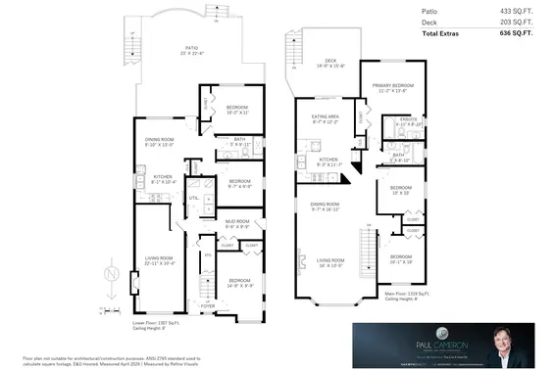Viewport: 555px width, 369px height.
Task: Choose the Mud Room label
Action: [236, 224]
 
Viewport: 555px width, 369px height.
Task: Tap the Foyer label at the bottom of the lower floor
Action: [208, 304]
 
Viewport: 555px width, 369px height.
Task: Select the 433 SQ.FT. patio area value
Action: [521, 10]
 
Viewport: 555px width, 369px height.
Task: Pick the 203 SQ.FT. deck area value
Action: [521, 22]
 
